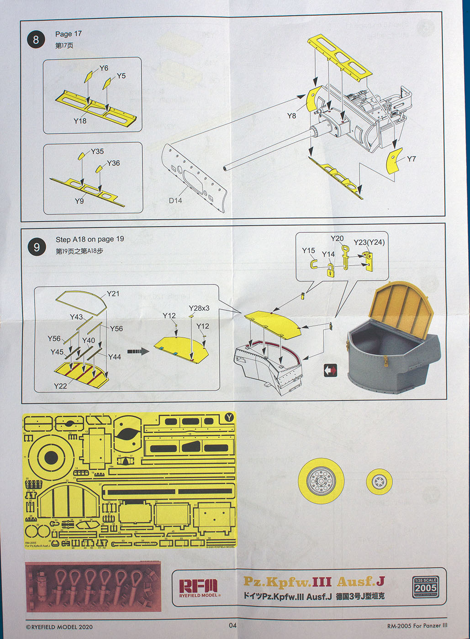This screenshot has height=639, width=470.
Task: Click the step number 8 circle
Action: pyautogui.click(x=36, y=40)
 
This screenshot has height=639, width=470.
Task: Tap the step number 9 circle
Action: pyautogui.click(x=37, y=247)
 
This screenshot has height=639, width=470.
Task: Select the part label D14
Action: pyautogui.click(x=175, y=200)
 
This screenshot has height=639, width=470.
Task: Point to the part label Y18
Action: pyautogui.click(x=80, y=121)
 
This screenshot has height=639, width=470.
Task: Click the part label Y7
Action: pyautogui.click(x=411, y=159)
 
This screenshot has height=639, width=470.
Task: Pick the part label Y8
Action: pyautogui.click(x=291, y=115)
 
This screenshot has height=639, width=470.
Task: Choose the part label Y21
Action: pyautogui.click(x=113, y=293)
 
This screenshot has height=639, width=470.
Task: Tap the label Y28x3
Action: pyautogui.click(x=199, y=308)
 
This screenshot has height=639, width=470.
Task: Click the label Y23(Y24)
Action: pyautogui.click(x=369, y=242)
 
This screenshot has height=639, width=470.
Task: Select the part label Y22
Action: pyautogui.click(x=60, y=386)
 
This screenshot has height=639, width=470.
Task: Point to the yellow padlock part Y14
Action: pyautogui.click(x=329, y=272)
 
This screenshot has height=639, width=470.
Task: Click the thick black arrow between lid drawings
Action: pyautogui.click(x=138, y=351)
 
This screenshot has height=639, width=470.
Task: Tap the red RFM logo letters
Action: pyautogui.click(x=198, y=586)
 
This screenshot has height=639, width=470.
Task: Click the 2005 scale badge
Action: pyautogui.click(x=426, y=587)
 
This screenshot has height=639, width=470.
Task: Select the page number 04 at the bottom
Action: pyautogui.click(x=232, y=625)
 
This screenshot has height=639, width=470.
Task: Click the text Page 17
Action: pyautogui.click(x=68, y=34)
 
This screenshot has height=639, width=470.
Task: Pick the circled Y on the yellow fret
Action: pyautogui.click(x=229, y=417)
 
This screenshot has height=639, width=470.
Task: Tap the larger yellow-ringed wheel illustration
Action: pyautogui.click(x=321, y=480)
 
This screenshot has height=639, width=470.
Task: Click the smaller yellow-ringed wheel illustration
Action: pyautogui.click(x=379, y=481)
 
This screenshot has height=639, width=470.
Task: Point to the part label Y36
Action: pyautogui.click(x=113, y=163)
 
